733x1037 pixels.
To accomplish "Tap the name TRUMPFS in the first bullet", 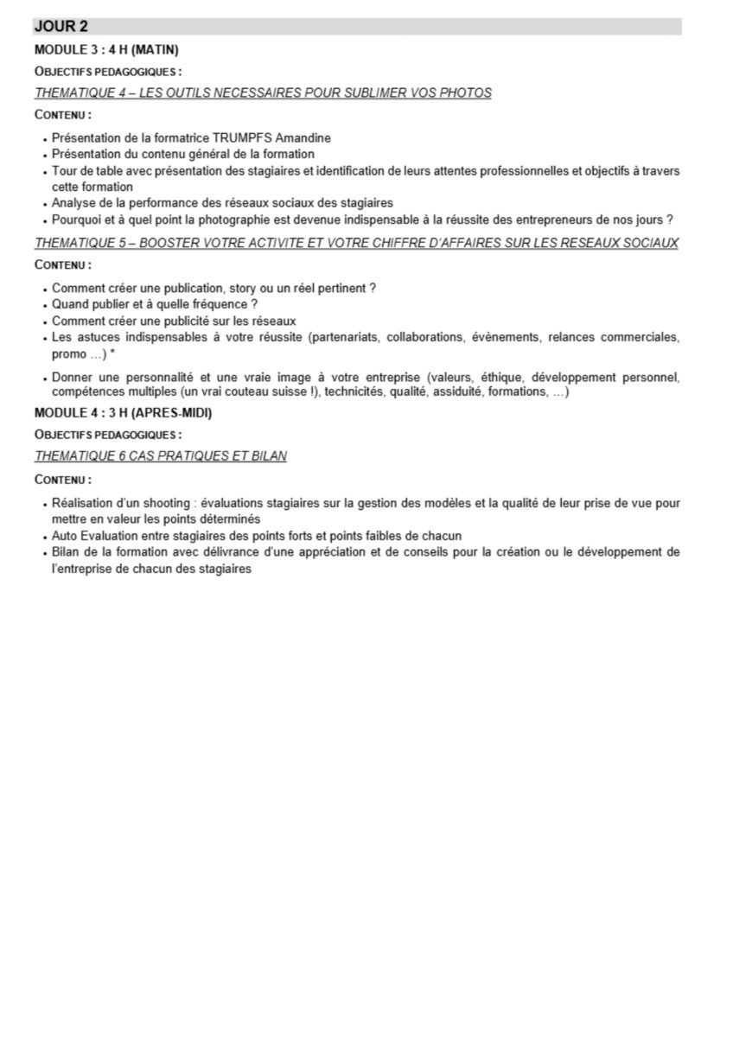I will (x=224, y=137).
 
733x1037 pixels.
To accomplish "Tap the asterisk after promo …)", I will (x=112, y=354).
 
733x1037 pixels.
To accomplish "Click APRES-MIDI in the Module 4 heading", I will (x=171, y=413).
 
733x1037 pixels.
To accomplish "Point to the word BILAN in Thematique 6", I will (x=265, y=456).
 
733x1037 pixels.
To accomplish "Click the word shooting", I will (x=165, y=502).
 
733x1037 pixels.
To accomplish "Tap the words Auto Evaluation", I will (x=91, y=536).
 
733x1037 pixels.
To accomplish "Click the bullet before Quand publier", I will (x=44, y=305).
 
